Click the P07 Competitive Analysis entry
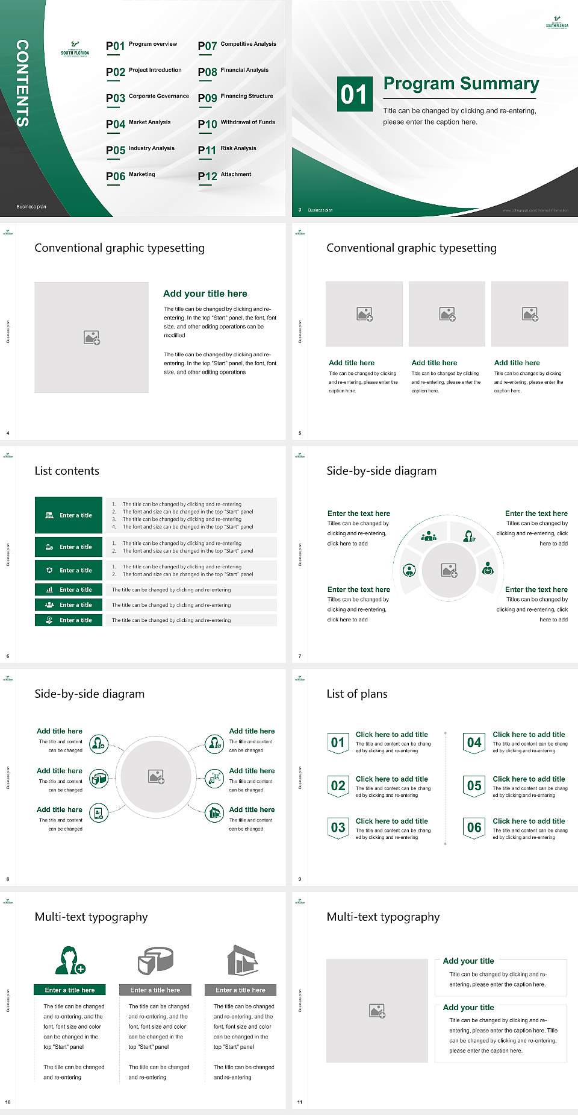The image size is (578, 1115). click(237, 45)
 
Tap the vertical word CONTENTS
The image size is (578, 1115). click(22, 83)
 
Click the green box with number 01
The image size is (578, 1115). click(354, 94)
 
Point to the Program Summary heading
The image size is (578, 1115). click(461, 84)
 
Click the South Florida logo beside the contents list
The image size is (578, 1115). click(75, 50)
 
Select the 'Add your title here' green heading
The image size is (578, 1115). click(205, 294)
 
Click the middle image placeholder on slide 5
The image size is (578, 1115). click(447, 314)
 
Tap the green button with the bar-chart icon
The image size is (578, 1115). click(69, 589)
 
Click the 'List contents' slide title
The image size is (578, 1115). click(67, 471)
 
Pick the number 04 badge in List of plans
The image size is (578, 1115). click(474, 743)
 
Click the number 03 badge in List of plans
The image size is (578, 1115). click(338, 828)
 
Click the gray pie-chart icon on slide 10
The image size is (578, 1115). click(155, 960)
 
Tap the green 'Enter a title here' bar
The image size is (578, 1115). click(69, 990)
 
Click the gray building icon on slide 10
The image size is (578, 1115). click(242, 960)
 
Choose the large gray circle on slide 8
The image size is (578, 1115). click(156, 776)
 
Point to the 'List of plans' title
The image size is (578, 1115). click(357, 694)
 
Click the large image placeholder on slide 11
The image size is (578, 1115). click(377, 1011)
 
